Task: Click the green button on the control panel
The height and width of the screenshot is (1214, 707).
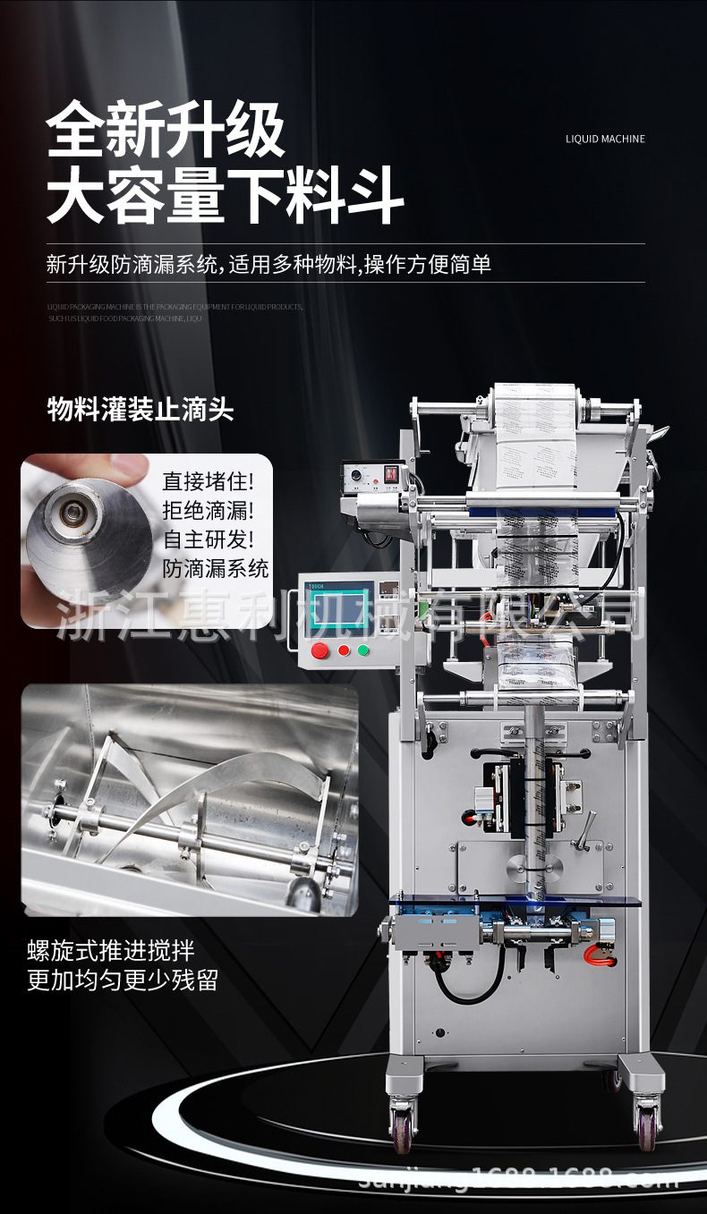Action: [x=363, y=650]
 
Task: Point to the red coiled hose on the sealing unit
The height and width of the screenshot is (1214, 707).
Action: [x=601, y=956]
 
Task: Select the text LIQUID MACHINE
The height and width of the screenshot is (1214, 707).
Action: [x=605, y=139]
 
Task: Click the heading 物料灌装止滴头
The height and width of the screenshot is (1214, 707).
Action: [x=141, y=411]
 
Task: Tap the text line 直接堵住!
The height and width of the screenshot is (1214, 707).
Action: [x=208, y=481]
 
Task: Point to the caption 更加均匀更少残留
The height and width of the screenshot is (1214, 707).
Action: [x=123, y=980]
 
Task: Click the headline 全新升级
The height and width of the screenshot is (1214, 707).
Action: [x=166, y=132]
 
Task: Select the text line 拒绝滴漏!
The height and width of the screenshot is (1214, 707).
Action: [x=208, y=511]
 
